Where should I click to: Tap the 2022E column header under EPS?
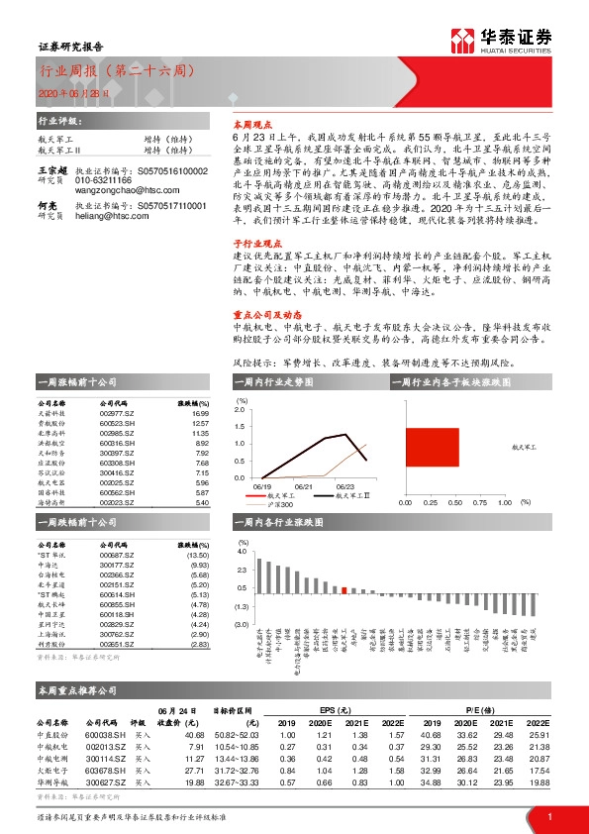pyautogui.click(x=396, y=720)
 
